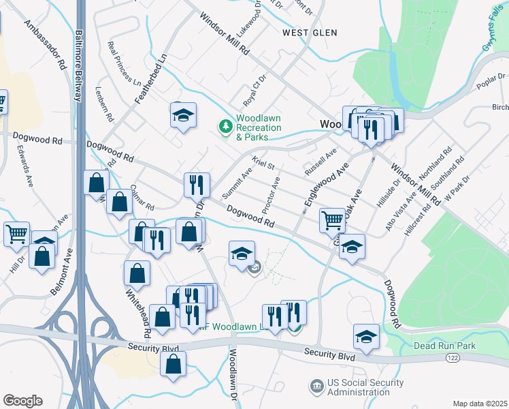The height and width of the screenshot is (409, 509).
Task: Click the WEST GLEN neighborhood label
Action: pos(311,32)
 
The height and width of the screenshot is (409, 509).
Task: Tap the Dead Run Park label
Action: pos(444,346)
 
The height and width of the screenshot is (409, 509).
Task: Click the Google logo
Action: pos(22,400)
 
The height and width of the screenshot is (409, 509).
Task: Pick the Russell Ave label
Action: pos(321,162)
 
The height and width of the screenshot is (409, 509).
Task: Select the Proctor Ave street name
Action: pos(270,194)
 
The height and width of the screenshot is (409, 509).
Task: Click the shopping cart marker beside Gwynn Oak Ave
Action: pos(331,219)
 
